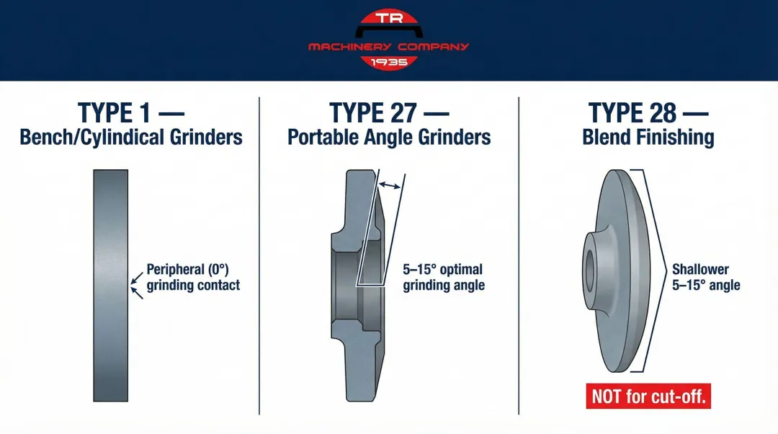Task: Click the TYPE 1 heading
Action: [130, 113]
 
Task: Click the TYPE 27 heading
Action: [389, 113]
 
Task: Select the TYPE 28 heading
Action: [648, 113]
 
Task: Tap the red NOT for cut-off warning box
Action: [648, 396]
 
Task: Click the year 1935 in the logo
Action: [389, 62]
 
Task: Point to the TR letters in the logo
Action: [389, 19]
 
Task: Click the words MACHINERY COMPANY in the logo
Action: [389, 47]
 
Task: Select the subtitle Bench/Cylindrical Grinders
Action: [130, 137]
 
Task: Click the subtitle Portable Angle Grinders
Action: [389, 137]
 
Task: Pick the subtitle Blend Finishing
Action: [648, 137]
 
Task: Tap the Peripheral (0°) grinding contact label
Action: [192, 277]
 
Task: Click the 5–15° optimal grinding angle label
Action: [443, 277]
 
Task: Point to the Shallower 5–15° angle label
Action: [705, 277]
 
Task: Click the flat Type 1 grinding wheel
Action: [111, 288]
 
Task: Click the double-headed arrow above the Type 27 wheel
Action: [390, 186]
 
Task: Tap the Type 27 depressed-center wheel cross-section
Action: [360, 288]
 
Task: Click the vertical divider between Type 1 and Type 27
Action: [259, 256]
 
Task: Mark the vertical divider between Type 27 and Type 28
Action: [519, 256]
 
